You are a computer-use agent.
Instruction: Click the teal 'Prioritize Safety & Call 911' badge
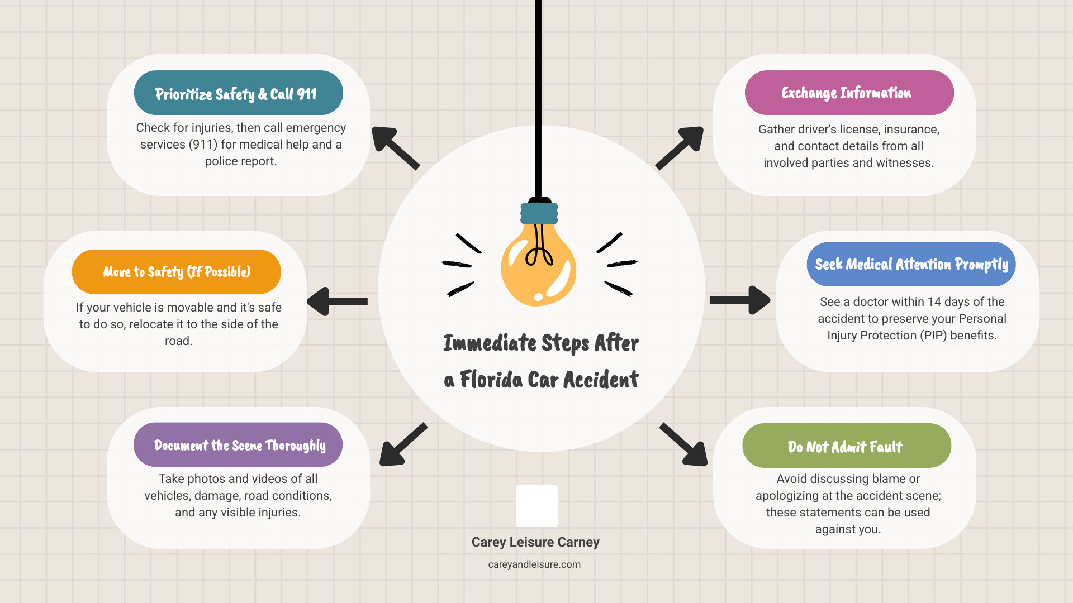[238, 93]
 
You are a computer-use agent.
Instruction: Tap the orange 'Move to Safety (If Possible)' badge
[176, 272]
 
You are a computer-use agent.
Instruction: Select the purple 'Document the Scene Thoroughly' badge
[238, 445]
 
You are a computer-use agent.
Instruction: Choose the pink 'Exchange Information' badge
[848, 93]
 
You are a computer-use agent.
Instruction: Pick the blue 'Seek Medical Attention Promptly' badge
[910, 264]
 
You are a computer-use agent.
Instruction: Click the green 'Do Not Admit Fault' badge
[846, 446]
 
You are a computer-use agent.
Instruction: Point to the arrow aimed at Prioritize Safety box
[395, 147]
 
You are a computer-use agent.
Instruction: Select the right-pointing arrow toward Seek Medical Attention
[740, 300]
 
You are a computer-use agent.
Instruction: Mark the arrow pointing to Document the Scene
[403, 444]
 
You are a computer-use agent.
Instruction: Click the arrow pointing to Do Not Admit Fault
[684, 444]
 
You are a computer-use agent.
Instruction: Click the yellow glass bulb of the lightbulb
[538, 266]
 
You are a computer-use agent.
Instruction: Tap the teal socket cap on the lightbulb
[539, 213]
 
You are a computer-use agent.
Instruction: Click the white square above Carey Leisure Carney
[536, 506]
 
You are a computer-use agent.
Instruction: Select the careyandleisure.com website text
[534, 564]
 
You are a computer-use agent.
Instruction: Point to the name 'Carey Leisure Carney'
[535, 542]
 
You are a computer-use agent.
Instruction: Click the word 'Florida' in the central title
[491, 380]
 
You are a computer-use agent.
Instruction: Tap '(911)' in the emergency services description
[203, 145]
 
